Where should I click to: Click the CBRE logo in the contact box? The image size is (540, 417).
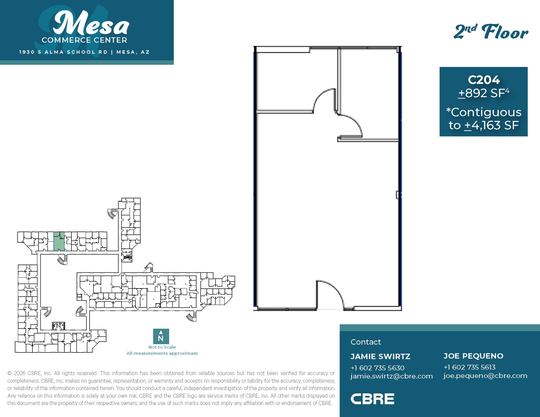(x=372, y=399)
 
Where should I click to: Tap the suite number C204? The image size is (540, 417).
(x=484, y=80)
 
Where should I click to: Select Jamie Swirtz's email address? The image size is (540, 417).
(x=391, y=376)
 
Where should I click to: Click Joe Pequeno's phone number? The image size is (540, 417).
(x=469, y=367)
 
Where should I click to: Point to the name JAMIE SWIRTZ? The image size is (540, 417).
(x=380, y=356)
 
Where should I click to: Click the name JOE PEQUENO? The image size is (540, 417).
(x=473, y=356)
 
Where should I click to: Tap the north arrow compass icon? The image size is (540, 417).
(x=161, y=336)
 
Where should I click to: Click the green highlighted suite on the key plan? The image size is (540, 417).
(x=59, y=242)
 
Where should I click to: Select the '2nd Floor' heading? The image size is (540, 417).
(x=491, y=32)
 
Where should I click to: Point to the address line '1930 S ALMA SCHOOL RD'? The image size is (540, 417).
(x=64, y=52)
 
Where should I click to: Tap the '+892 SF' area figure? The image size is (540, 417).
(x=484, y=93)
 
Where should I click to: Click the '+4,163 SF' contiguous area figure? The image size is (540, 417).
(x=491, y=125)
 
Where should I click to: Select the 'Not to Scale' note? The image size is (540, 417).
(x=162, y=347)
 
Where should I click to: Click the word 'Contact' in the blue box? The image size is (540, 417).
(x=365, y=342)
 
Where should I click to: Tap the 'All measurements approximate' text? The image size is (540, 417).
(x=162, y=353)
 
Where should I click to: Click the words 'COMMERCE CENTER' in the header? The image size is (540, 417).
(x=84, y=40)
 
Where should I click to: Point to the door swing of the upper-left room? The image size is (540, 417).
(x=325, y=100)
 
